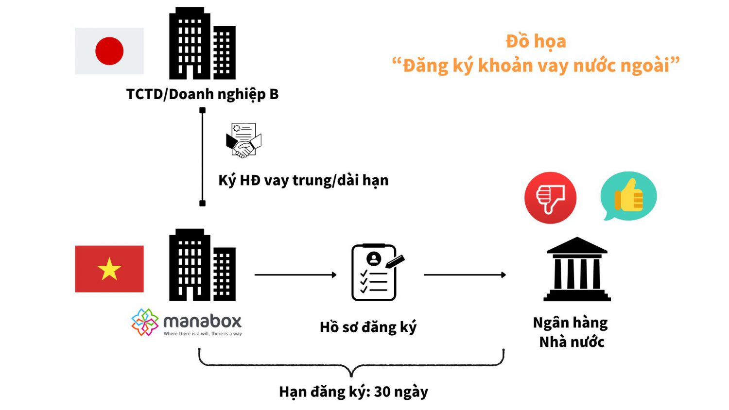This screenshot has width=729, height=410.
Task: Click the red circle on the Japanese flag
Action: pyautogui.click(x=109, y=51)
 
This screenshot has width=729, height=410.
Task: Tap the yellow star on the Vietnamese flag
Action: pyautogui.click(x=109, y=269)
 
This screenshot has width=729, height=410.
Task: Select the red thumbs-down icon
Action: pyautogui.click(x=550, y=198)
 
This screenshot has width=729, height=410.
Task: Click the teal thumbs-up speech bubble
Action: pyautogui.click(x=628, y=195)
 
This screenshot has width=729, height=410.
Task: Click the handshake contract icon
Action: pyautogui.click(x=243, y=140)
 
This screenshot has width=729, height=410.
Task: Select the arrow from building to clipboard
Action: pyautogui.click(x=295, y=275)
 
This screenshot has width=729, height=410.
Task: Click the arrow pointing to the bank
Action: pyautogui.click(x=465, y=275)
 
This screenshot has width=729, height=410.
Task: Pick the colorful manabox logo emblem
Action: pyautogui.click(x=145, y=322)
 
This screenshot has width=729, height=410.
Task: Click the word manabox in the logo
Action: pyautogui.click(x=202, y=321)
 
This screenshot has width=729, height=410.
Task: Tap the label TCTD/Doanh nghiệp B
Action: pyautogui.click(x=202, y=94)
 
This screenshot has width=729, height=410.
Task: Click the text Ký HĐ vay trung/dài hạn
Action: pyautogui.click(x=303, y=181)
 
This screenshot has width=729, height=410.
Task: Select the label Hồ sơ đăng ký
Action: pyautogui.click(x=368, y=327)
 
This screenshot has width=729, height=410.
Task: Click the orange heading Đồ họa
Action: pyautogui.click(x=536, y=42)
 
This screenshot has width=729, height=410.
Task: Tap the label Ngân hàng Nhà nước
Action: pyautogui.click(x=571, y=332)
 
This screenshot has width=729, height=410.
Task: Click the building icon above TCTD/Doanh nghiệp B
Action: pyautogui.click(x=202, y=44)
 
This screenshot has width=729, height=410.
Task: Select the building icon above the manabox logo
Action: pyautogui.click(x=202, y=265)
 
